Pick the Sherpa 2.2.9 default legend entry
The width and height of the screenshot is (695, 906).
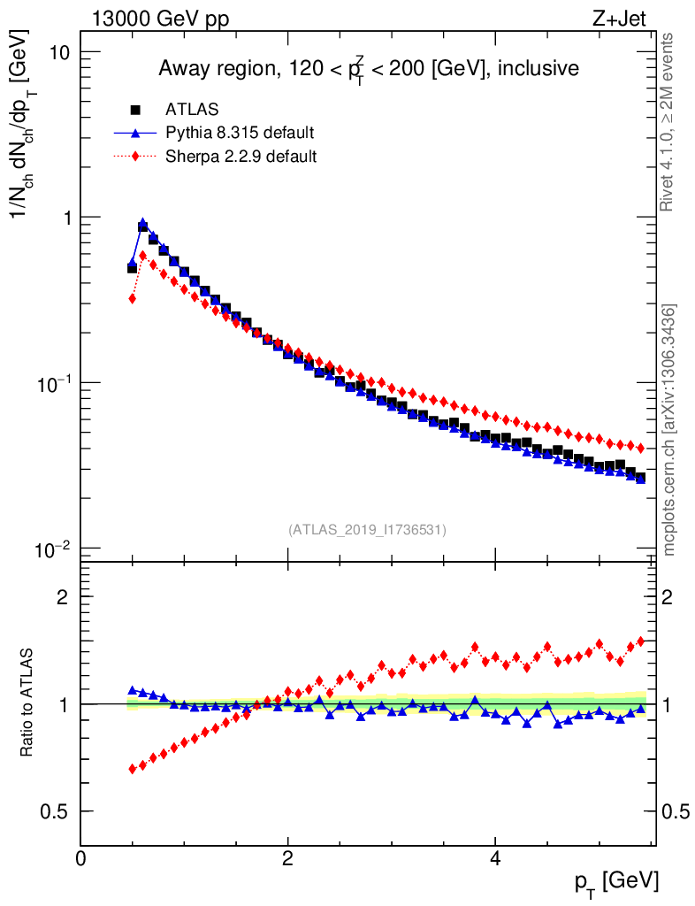(241, 157)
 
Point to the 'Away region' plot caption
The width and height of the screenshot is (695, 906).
(368, 69)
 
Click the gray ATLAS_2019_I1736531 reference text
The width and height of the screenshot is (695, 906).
(367, 530)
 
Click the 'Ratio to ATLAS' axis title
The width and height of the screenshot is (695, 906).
(29, 704)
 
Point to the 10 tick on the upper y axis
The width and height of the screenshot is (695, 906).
(59, 52)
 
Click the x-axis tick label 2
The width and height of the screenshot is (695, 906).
(288, 859)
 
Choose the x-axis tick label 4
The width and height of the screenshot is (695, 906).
(495, 859)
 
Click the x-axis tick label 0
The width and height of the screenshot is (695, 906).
(81, 859)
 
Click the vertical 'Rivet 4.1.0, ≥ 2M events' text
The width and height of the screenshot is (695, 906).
(668, 122)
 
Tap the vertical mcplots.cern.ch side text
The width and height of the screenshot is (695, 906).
(669, 429)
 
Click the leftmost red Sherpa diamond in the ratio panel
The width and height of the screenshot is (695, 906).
(133, 769)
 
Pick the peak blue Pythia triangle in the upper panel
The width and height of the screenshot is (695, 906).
(143, 224)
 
